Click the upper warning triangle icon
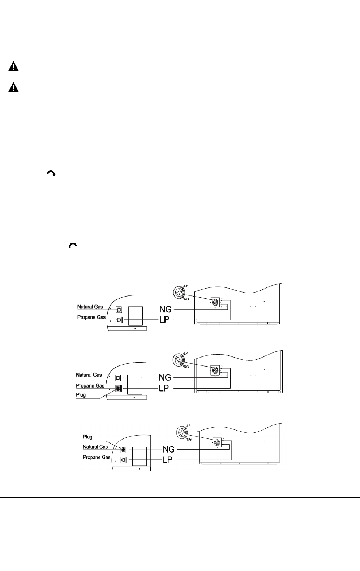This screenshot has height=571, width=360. pos(14,67)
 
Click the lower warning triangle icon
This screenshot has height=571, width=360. pos(14,87)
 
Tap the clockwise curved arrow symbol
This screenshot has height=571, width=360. pos(51,174)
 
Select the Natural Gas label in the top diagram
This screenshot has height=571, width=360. pos(90,307)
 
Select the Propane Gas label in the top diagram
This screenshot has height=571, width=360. pos(91,317)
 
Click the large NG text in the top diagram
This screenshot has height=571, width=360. pos(166,310)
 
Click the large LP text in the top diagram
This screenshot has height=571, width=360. pos(165,320)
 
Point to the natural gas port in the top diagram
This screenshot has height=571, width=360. pos(119,310)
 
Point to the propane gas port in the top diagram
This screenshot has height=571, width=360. pos(119,320)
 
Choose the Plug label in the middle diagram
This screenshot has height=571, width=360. pos(81,395)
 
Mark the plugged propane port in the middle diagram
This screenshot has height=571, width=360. pos(118,389)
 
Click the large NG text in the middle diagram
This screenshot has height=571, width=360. pos(165,378)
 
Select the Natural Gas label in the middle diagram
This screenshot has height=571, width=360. pos(89,375)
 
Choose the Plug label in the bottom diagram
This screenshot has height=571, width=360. pos(87,437)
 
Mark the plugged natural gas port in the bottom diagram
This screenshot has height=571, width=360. pos(123,450)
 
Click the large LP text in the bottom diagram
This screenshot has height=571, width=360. pos(168,460)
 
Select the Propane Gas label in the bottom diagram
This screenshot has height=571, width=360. pos(97,457)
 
